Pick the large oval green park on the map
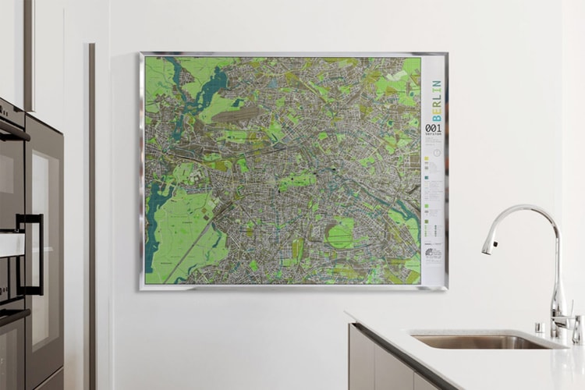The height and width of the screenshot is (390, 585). coord(341,232)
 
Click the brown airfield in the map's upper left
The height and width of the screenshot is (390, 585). coord(234,115)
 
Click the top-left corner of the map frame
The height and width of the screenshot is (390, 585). coord(141,55)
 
